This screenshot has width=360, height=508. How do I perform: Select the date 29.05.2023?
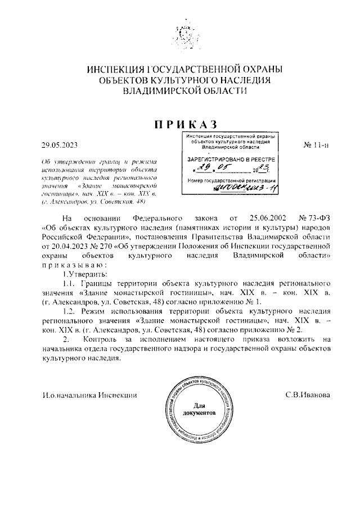pyautogui.click(x=59, y=144)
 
